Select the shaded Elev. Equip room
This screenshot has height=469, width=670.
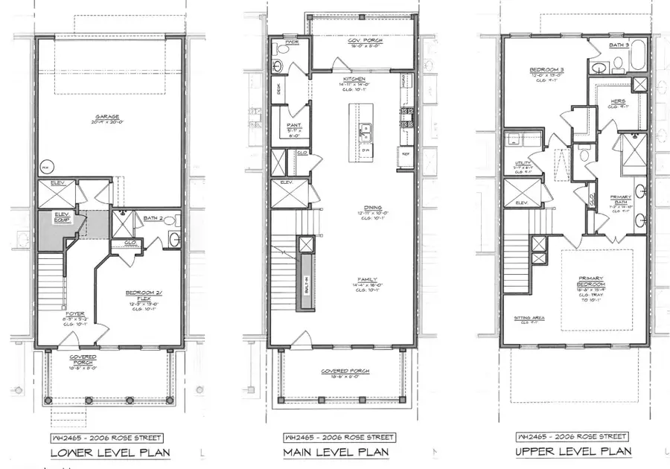(61, 224)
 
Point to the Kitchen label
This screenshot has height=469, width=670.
(353, 78)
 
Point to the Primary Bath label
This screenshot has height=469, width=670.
(621, 199)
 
